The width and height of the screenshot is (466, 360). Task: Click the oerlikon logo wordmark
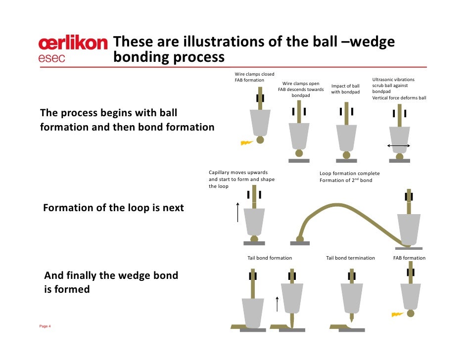pyautogui.click(x=72, y=44)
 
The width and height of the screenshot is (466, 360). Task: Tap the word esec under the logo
pyautogui.click(x=52, y=58)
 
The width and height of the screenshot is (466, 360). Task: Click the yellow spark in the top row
pyautogui.click(x=246, y=143)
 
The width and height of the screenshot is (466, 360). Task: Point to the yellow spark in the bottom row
pyautogui.click(x=398, y=314)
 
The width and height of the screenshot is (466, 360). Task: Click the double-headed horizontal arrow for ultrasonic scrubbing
pyautogui.click(x=398, y=145)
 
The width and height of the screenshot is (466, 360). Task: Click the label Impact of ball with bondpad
pyautogui.click(x=345, y=89)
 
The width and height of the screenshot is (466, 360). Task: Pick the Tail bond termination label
pyautogui.click(x=350, y=258)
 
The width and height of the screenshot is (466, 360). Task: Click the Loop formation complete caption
pyautogui.click(x=349, y=174)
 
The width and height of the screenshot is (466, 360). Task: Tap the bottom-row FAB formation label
pyautogui.click(x=409, y=258)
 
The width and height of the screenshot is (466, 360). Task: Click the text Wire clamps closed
pyautogui.click(x=254, y=74)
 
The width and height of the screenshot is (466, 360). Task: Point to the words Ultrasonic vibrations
pyautogui.click(x=393, y=80)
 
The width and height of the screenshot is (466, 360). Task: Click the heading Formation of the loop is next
pyautogui.click(x=113, y=208)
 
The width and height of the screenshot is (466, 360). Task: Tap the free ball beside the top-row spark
pyautogui.click(x=260, y=140)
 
